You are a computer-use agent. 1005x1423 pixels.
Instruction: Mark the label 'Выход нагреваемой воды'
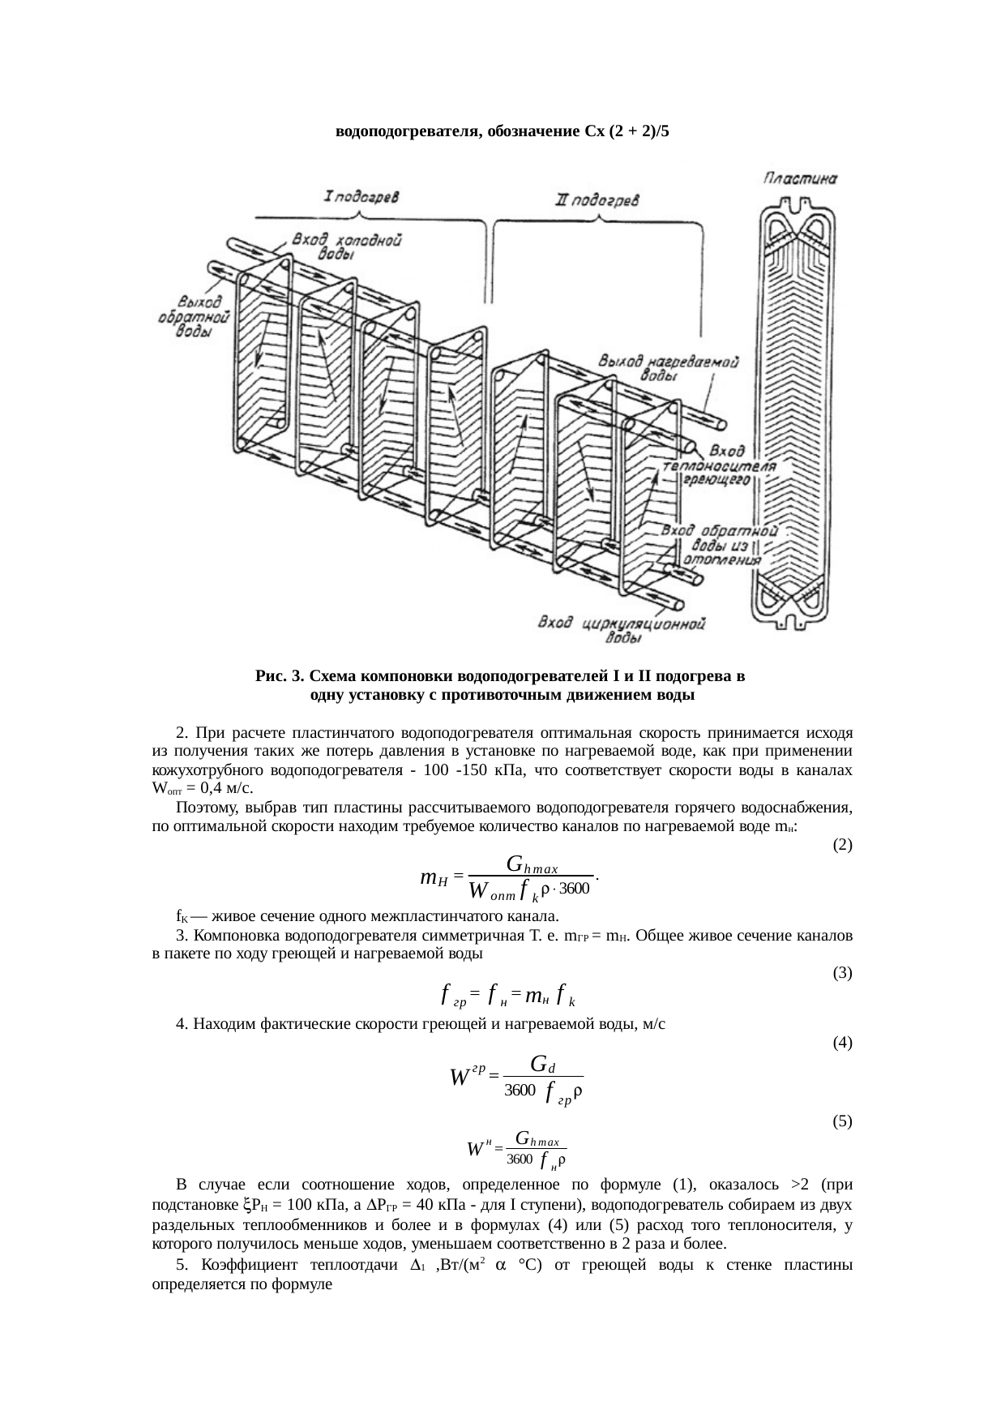[x=668, y=367]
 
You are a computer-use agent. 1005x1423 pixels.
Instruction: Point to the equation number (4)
[x=842, y=1042]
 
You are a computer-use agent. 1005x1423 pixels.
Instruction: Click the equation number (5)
[x=842, y=1122]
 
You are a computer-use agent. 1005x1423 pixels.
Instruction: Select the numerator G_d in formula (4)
[x=542, y=1062]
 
